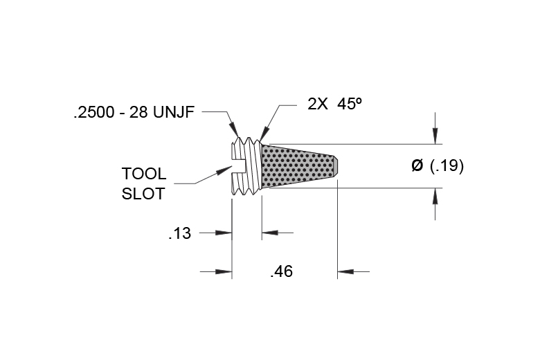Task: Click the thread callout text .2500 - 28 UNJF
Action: click(x=134, y=112)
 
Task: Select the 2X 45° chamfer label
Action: click(x=335, y=104)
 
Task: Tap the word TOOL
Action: click(x=144, y=174)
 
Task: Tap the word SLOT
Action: click(x=143, y=194)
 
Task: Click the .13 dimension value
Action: click(x=180, y=233)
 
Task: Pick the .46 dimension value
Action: click(x=282, y=271)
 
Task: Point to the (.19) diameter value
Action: click(x=447, y=165)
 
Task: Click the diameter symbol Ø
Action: click(x=417, y=165)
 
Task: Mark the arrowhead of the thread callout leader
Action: click(x=234, y=130)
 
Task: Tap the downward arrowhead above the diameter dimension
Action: click(x=435, y=136)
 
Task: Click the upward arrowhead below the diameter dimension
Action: click(x=435, y=197)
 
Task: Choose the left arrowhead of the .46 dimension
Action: click(x=224, y=271)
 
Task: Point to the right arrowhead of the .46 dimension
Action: click(x=345, y=271)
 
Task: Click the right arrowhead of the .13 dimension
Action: click(x=270, y=233)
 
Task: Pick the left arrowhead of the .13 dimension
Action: click(x=224, y=233)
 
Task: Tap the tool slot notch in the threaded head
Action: click(x=237, y=166)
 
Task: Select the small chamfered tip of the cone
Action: click(x=336, y=166)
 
